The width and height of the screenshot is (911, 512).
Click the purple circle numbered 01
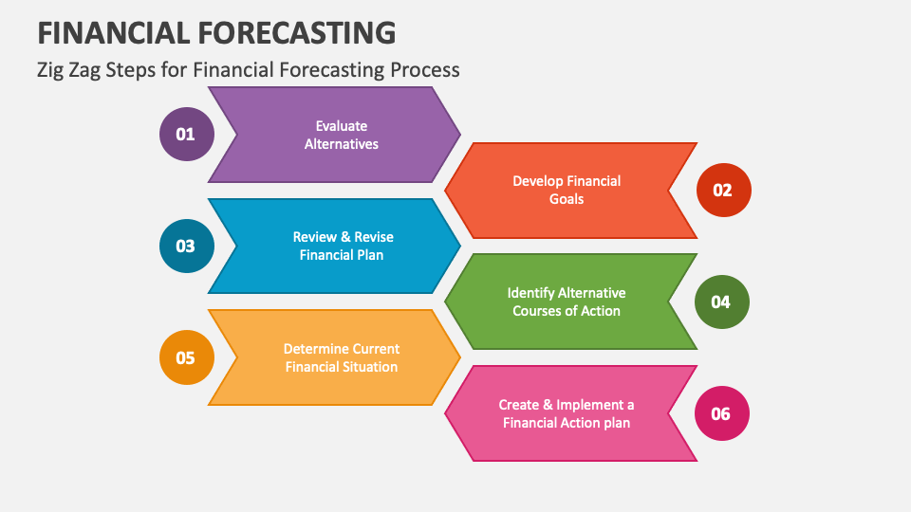tap(187, 134)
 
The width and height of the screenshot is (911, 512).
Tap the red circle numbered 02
tap(723, 191)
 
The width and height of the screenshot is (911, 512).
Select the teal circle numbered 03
tap(187, 247)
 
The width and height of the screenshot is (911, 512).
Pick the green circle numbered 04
tap(721, 302)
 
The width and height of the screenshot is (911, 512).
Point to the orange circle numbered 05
tap(187, 357)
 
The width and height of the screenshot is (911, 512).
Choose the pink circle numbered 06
tap(721, 413)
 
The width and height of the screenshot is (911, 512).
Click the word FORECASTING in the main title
tap(297, 32)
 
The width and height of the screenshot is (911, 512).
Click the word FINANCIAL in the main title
tap(113, 32)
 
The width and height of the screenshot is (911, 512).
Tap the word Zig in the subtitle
tap(50, 70)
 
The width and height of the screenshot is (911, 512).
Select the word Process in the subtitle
tap(425, 70)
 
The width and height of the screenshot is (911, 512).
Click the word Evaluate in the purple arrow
tap(342, 126)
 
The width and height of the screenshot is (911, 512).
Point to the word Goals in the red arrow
tap(567, 199)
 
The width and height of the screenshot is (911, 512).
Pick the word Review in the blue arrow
tap(314, 237)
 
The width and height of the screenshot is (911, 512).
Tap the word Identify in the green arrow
tap(530, 293)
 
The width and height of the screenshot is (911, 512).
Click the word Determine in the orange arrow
tap(313, 349)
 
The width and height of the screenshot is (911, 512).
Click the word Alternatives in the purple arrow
tap(342, 144)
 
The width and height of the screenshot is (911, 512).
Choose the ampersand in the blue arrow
tap(345, 237)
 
